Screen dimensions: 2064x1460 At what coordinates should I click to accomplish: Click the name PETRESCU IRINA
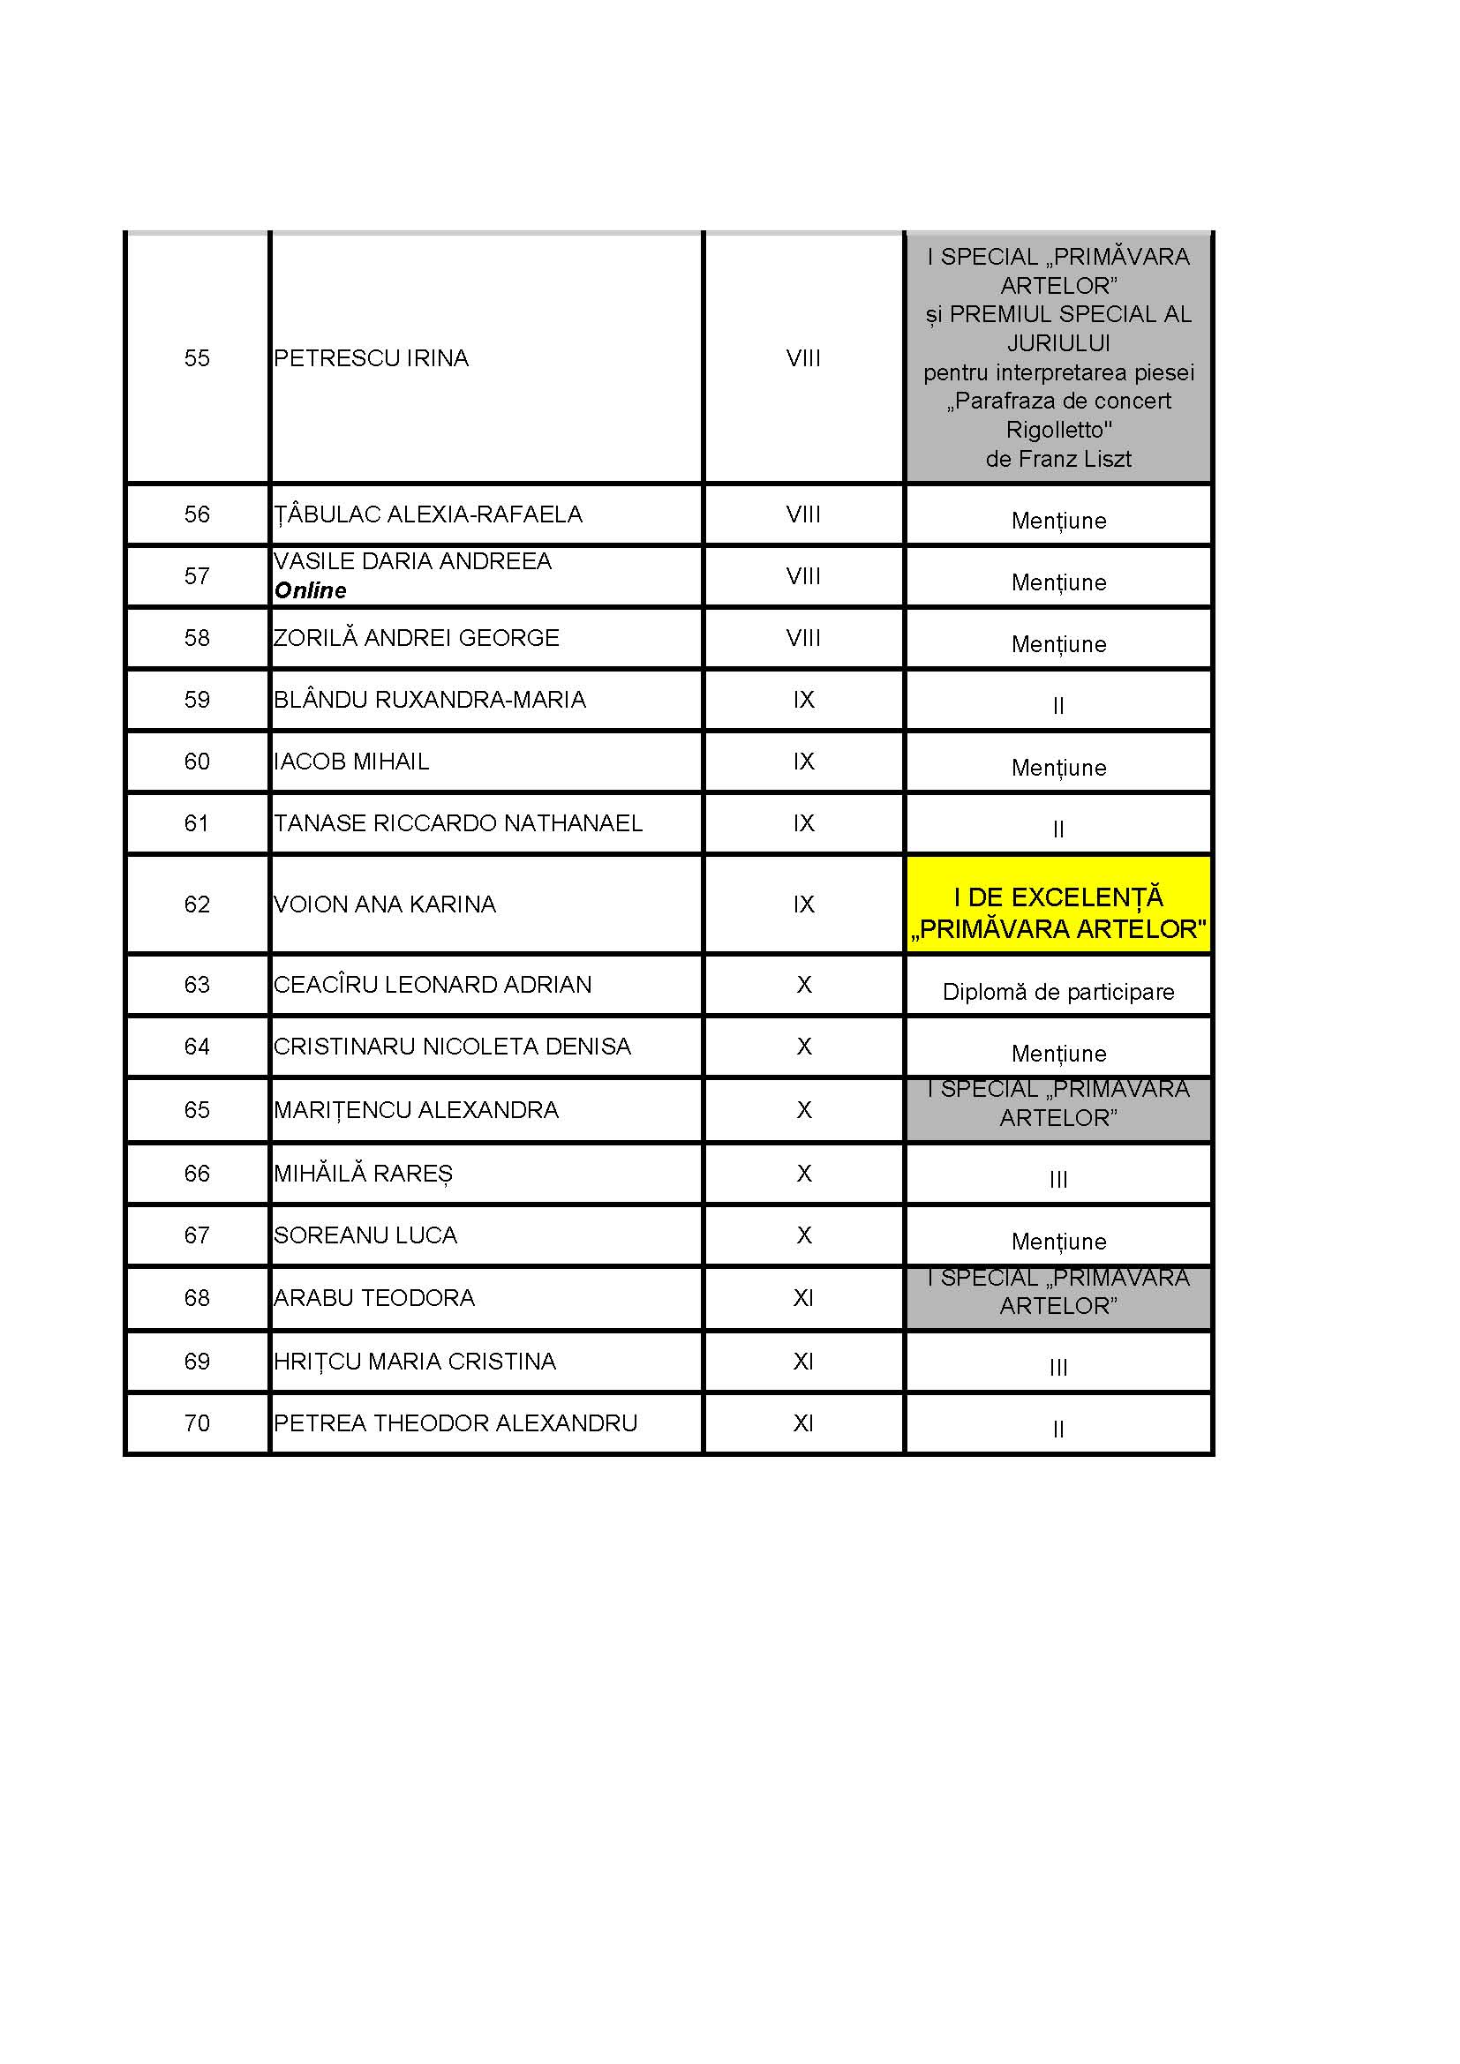click(371, 357)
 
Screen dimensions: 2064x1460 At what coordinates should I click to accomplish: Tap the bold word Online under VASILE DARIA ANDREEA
click(310, 590)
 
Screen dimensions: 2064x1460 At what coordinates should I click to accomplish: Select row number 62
click(197, 904)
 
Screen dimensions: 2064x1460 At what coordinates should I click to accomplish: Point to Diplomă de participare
click(1058, 992)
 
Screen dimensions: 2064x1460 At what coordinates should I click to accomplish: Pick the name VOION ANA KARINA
click(385, 904)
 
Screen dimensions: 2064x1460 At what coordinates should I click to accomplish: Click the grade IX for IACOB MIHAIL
click(804, 762)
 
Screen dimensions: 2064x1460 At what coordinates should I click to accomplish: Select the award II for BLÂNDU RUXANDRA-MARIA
click(1058, 706)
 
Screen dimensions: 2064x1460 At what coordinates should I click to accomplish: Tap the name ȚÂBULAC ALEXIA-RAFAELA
click(428, 514)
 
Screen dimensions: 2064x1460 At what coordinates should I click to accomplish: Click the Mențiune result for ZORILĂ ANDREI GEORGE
click(1058, 643)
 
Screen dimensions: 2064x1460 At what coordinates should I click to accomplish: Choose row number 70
click(197, 1423)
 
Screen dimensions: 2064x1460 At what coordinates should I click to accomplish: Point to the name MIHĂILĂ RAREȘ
click(363, 1173)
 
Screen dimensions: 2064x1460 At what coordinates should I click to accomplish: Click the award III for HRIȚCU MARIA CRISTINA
click(1058, 1367)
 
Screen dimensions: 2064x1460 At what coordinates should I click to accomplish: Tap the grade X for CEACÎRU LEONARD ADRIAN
click(804, 985)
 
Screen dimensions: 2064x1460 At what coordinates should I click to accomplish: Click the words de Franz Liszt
click(1058, 460)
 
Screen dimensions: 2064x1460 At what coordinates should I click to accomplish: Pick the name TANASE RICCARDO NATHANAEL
click(457, 823)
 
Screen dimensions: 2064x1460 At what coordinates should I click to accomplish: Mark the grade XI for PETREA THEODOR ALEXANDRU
click(804, 1423)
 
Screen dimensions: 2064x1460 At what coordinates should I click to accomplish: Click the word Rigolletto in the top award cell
click(1058, 430)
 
